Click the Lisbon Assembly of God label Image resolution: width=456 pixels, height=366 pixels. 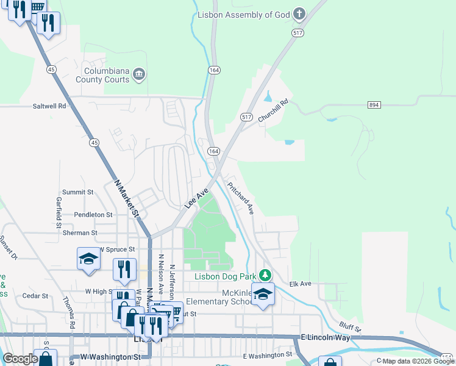point(242,14)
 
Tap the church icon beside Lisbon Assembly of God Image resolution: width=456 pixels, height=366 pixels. point(299,13)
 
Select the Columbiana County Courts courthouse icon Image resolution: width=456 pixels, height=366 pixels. point(140,75)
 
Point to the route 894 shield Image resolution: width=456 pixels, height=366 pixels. point(374,105)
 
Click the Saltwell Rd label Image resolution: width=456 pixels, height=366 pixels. point(49,106)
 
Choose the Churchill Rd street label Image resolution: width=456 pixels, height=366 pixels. point(272,112)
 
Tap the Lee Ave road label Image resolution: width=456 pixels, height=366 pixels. point(197,199)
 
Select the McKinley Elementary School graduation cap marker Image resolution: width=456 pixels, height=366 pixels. point(263,294)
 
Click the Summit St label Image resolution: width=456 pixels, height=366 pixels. point(77,192)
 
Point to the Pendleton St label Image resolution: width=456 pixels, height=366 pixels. point(93,215)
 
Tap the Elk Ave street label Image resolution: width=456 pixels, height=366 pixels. point(301,284)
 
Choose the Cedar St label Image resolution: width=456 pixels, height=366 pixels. point(35,296)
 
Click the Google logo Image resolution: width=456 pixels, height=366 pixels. point(20,359)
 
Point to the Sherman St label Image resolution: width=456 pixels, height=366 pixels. point(80,232)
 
